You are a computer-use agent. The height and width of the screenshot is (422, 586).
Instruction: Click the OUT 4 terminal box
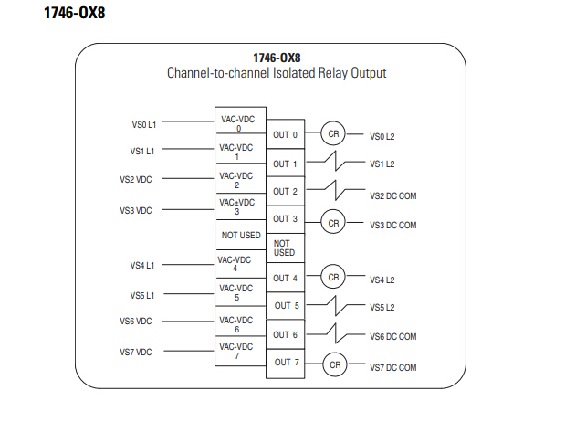pos(285,278)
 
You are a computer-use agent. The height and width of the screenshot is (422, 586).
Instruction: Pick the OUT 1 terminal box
pos(285,164)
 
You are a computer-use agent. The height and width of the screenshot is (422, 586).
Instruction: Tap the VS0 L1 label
pos(144,125)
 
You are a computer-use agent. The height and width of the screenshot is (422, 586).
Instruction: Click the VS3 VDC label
pos(136,211)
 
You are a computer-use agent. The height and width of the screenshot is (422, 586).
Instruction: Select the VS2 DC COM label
pos(392,196)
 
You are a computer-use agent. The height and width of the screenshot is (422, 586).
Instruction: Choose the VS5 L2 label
pos(382,308)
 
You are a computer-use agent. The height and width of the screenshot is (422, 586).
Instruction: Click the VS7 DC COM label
pos(392,368)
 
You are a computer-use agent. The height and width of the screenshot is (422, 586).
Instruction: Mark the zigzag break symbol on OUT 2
pos(336,190)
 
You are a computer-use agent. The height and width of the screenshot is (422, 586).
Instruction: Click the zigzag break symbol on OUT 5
pos(336,306)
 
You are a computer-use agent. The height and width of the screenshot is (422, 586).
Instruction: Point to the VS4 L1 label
pos(142,266)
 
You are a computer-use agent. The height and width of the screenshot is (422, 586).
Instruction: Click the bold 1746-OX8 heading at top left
pos(74,13)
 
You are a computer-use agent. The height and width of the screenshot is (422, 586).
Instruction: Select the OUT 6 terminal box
pos(285,334)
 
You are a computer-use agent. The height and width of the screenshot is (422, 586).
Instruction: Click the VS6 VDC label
pos(136,322)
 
